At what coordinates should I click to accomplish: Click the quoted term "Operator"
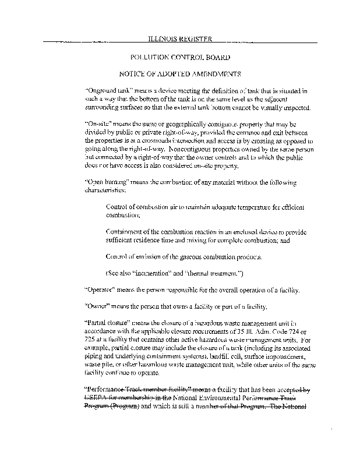tap(103, 290)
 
